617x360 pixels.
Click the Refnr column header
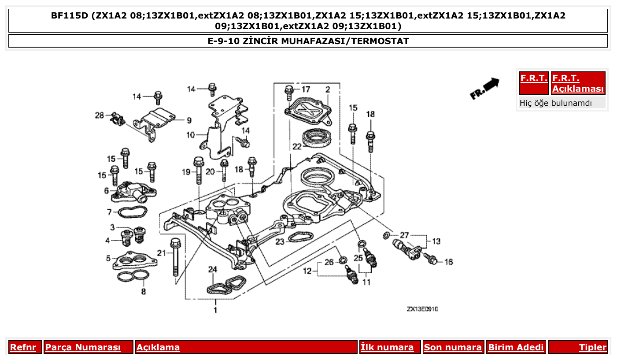(23, 347)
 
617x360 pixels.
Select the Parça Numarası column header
(83, 347)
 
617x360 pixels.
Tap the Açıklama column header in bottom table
(158, 347)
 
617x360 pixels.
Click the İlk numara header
(387, 347)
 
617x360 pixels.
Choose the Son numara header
(453, 347)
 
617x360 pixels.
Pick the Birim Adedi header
(516, 347)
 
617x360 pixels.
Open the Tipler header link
(592, 347)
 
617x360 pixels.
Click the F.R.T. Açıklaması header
(578, 83)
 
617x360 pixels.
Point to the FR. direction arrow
(484, 89)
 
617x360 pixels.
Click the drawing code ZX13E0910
(422, 309)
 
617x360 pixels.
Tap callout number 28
(99, 115)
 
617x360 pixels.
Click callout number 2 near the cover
(328, 90)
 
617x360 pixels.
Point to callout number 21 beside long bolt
(162, 252)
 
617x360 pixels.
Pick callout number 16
(448, 262)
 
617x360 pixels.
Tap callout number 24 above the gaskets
(213, 269)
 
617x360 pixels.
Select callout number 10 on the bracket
(190, 135)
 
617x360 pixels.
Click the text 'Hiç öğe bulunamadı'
(556, 103)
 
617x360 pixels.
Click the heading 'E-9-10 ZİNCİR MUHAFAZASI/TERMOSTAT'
(308, 41)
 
